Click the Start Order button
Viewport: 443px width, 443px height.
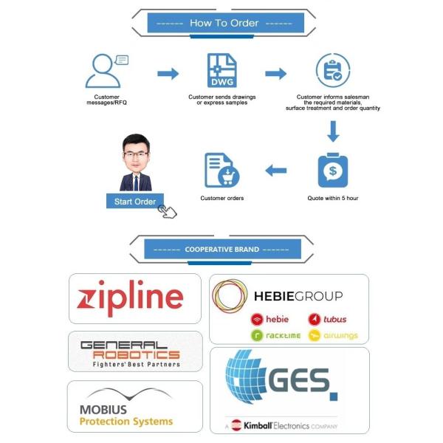[x=135, y=201]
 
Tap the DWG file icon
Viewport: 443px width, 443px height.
[x=222, y=71]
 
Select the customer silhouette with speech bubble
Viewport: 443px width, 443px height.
[x=107, y=71]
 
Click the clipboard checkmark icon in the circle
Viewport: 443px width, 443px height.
[x=333, y=70]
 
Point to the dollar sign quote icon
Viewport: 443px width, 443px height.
[x=333, y=170]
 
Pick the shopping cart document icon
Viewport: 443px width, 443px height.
[x=222, y=170]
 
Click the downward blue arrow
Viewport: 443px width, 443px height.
[x=333, y=131]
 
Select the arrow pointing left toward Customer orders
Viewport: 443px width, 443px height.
[x=276, y=171]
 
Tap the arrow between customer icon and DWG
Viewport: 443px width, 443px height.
[x=168, y=74]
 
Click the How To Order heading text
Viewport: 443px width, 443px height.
[x=224, y=23]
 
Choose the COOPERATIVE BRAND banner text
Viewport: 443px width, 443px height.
[x=222, y=250]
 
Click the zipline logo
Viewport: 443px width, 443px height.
[x=130, y=298]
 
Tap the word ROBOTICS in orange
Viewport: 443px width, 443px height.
[x=137, y=355]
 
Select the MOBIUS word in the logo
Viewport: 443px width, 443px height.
[x=103, y=410]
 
